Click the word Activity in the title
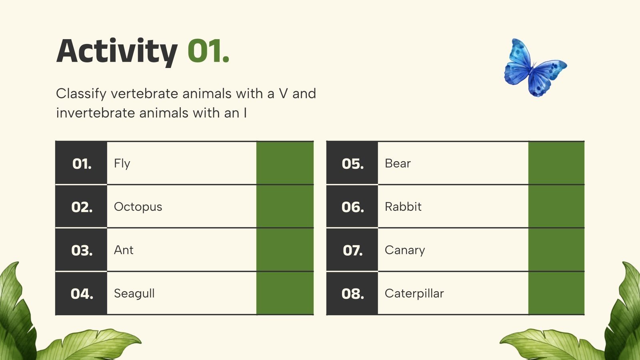[x=117, y=51]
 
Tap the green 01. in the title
[x=208, y=51]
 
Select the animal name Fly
[x=122, y=164]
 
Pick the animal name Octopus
[x=138, y=207]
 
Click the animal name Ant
[x=124, y=250]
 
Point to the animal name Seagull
[x=134, y=294]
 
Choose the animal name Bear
[x=398, y=164]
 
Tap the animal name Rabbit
[x=403, y=207]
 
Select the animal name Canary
[x=404, y=250]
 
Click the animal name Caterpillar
[x=414, y=294]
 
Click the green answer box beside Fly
[x=285, y=163]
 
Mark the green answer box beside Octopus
[x=285, y=206]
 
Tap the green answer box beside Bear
[x=556, y=163]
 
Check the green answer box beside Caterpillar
[x=556, y=293]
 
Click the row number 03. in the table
[x=82, y=250]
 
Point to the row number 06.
[x=352, y=207]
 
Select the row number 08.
[x=352, y=294]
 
